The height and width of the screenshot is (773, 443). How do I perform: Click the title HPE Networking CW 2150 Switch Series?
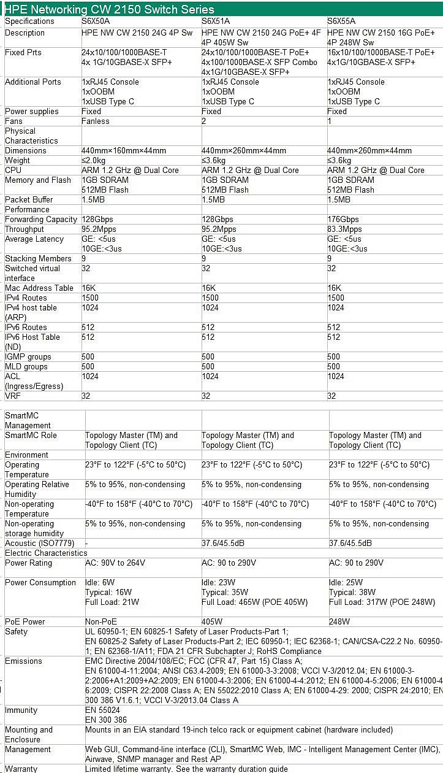coord(110,9)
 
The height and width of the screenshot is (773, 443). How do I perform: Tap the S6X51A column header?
coord(216,21)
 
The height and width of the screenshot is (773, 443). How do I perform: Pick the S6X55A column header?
coord(341,21)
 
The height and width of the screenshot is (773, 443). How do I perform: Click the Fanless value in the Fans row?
coord(96,121)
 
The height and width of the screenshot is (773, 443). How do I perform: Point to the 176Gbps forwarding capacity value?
coord(344,219)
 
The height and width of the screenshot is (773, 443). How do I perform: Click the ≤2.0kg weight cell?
coord(94,160)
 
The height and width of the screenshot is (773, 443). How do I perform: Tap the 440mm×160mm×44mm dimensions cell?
coord(123,150)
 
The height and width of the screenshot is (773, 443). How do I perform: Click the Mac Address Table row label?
coord(39,288)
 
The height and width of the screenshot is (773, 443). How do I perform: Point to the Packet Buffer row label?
coord(29,199)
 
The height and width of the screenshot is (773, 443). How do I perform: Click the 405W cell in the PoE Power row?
coord(212,621)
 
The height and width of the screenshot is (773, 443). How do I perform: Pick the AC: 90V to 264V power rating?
coord(115,563)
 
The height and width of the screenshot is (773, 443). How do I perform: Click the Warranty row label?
coord(21,769)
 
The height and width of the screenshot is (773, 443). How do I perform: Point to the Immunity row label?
coord(21,710)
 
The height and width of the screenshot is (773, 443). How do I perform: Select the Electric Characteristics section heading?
coord(46,553)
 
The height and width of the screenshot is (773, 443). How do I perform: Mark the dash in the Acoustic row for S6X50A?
coord(87,543)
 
